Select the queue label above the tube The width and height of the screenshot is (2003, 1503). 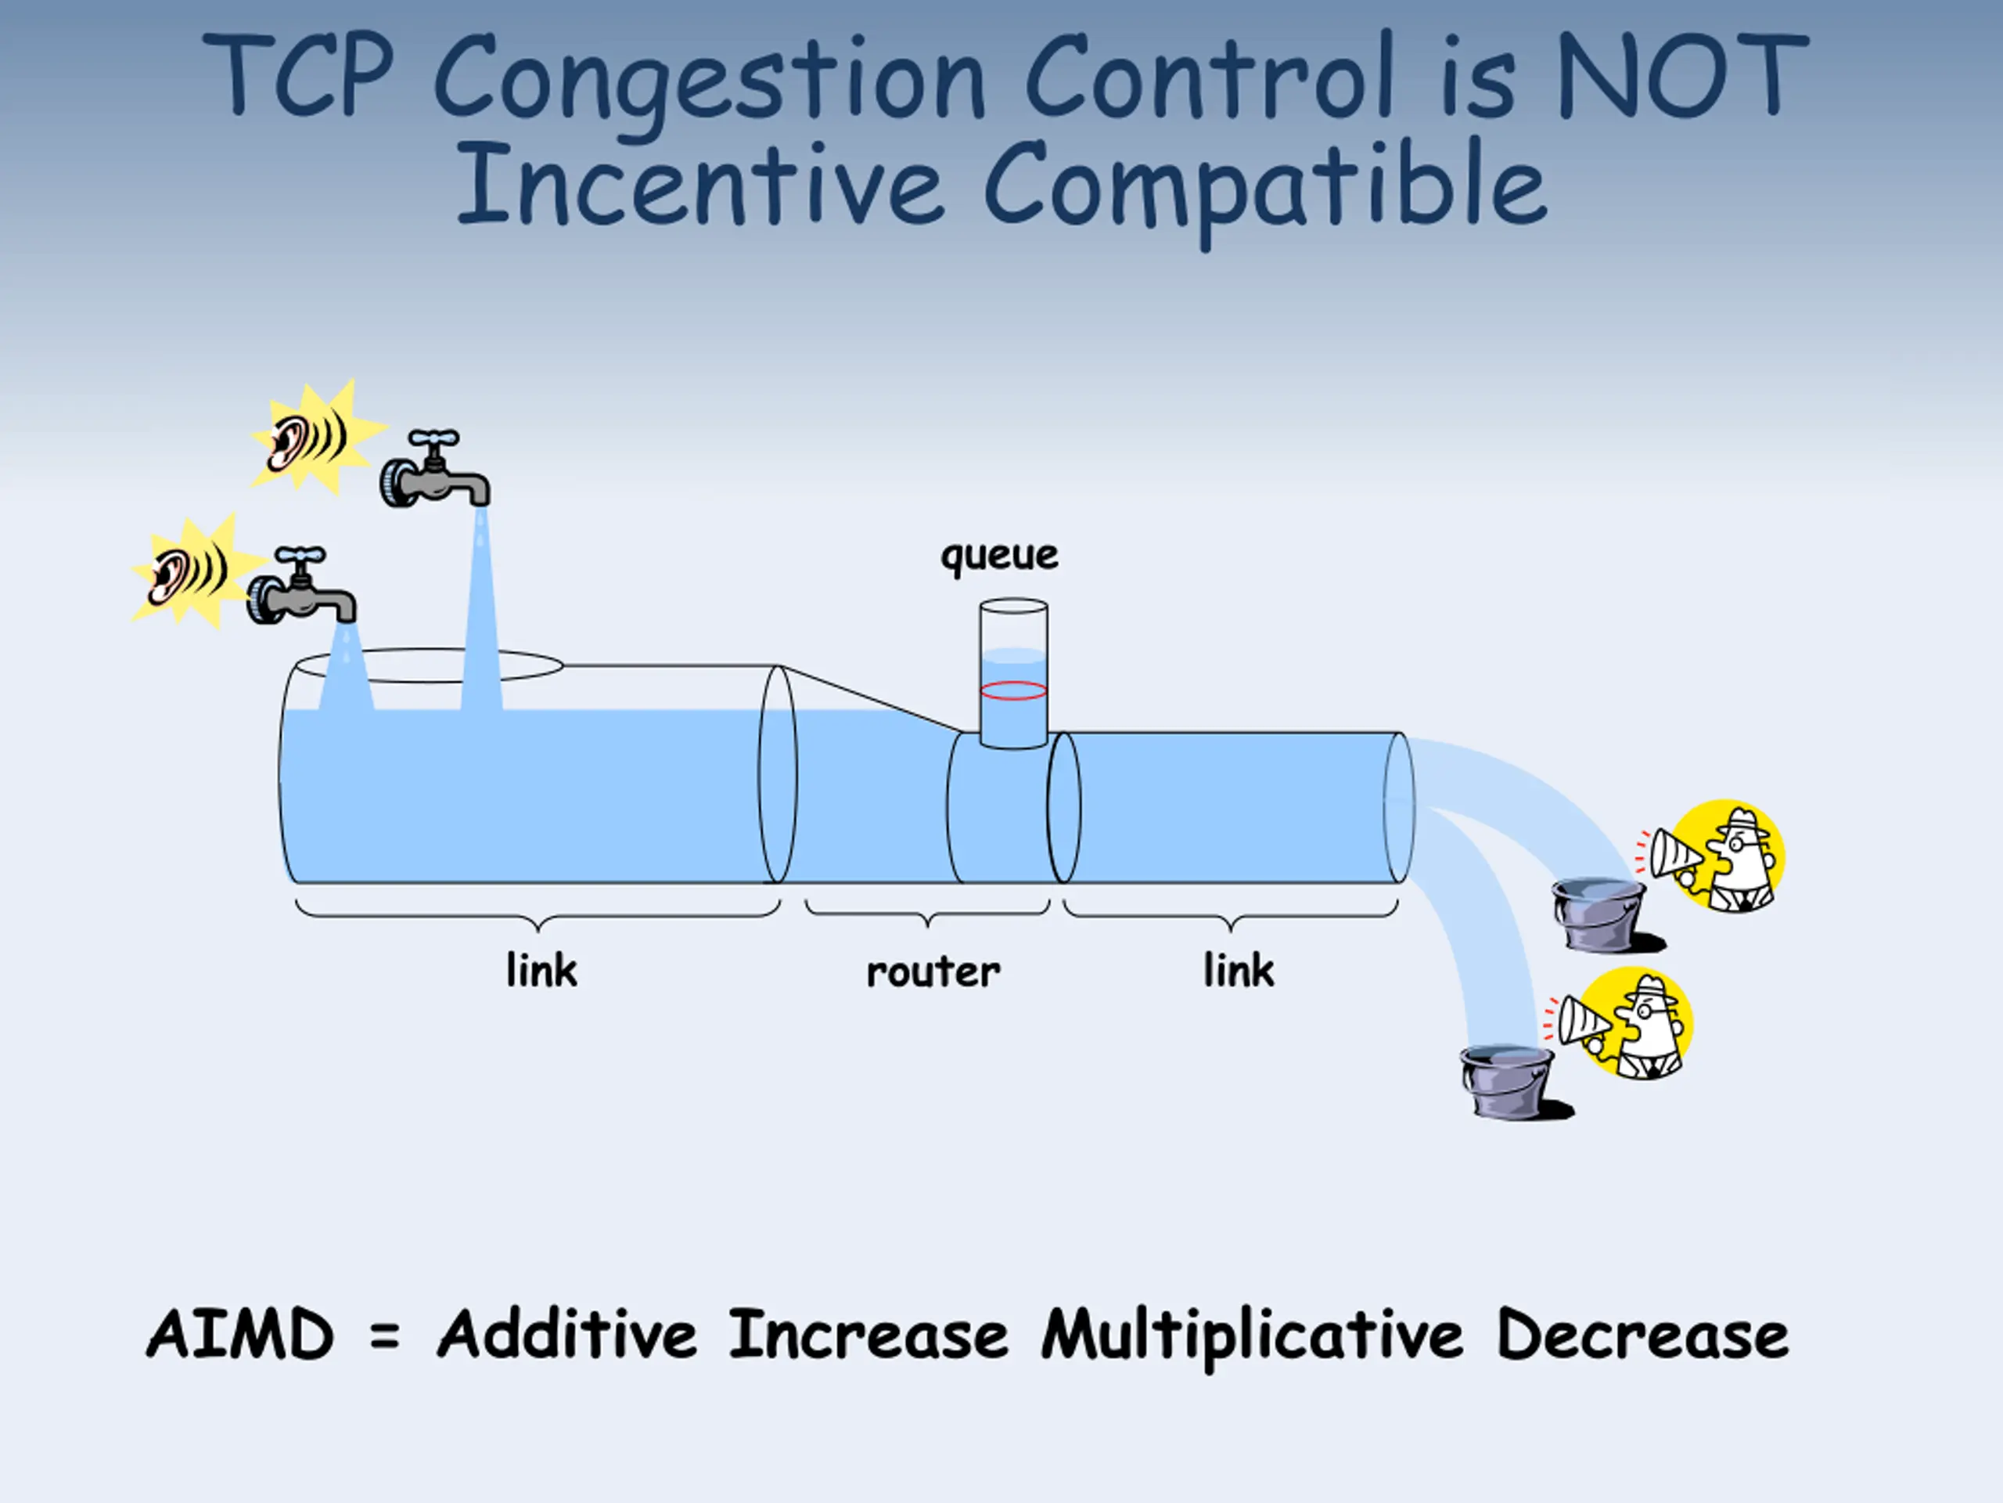[999, 554]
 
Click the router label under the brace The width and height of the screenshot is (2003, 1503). [933, 972]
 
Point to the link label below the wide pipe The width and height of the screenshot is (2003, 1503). [541, 970]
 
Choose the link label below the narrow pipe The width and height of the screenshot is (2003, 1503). [1238, 970]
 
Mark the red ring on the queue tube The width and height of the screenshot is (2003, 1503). [1013, 691]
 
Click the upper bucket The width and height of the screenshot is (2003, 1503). [1598, 914]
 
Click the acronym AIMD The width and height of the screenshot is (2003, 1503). [240, 1335]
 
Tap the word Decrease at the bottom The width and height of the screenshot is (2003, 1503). [1642, 1335]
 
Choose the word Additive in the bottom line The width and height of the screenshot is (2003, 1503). [566, 1335]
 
